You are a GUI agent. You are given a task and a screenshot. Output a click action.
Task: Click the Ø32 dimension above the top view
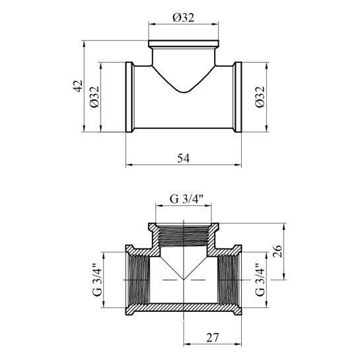coord(184,17)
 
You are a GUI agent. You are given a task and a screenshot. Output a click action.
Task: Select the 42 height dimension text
coord(79,86)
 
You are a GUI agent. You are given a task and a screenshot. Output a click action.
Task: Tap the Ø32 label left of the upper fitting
coord(94,97)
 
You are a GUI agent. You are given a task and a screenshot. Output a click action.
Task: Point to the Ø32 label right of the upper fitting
coord(260,97)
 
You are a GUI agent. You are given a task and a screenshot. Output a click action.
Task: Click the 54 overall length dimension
coord(184,159)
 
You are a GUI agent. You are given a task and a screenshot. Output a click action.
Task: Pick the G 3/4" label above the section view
coord(187,199)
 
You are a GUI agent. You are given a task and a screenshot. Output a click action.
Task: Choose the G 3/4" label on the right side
coord(260,279)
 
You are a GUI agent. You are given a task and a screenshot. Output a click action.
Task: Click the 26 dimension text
coord(277,251)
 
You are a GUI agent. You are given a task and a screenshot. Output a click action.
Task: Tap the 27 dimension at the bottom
coord(213,338)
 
